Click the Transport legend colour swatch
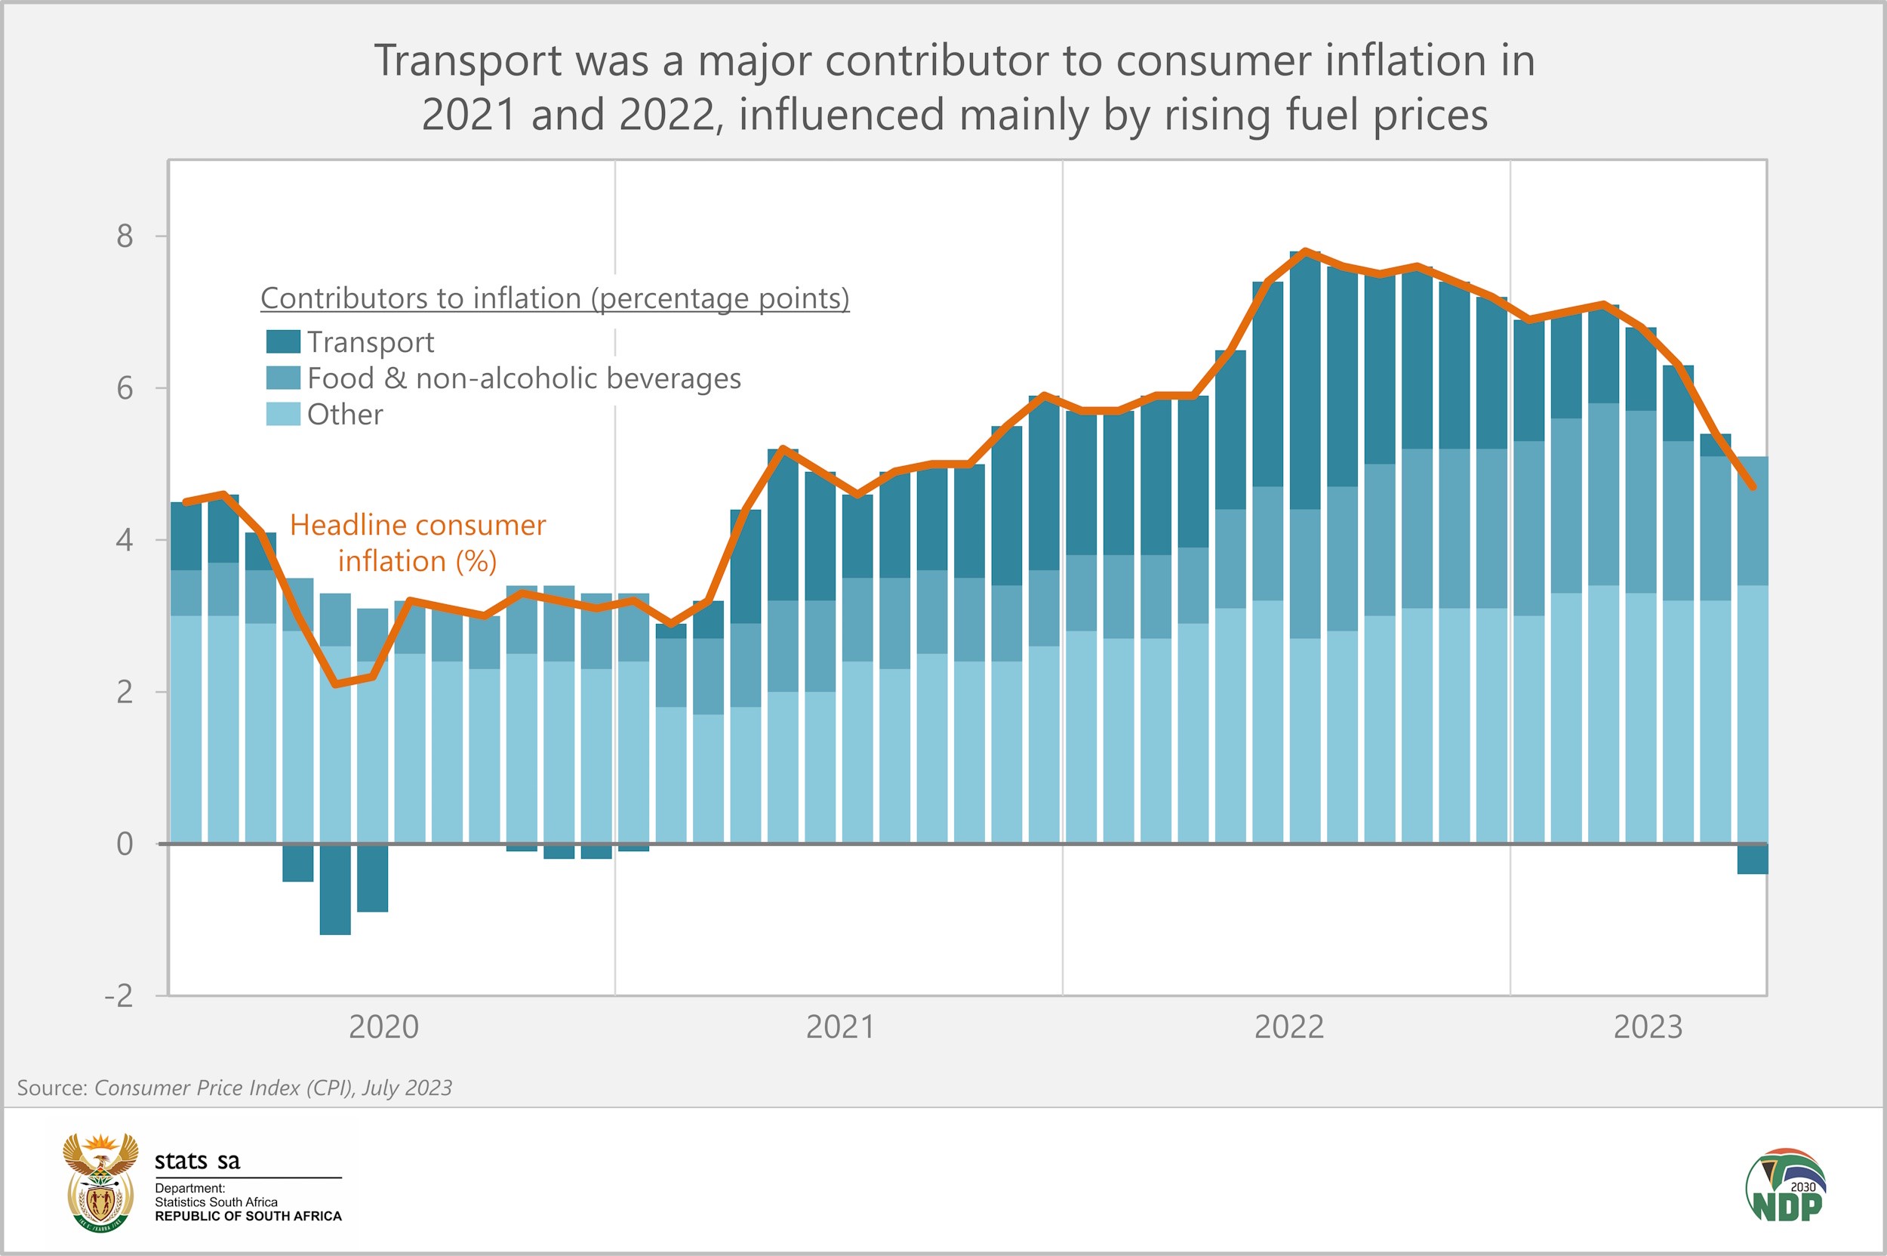(282, 342)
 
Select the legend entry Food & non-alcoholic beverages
(524, 378)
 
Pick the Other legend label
(345, 415)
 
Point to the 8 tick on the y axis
(125, 236)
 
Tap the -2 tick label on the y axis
(119, 995)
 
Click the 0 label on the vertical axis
(125, 844)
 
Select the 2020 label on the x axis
(383, 1028)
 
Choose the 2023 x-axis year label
(1648, 1028)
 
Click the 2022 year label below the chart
(1289, 1028)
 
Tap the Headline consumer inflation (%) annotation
(417, 543)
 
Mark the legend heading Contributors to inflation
(554, 299)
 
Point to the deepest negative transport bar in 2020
(334, 889)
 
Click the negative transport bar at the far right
(1752, 859)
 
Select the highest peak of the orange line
(1306, 252)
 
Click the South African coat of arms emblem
(101, 1182)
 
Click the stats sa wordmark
(197, 1161)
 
